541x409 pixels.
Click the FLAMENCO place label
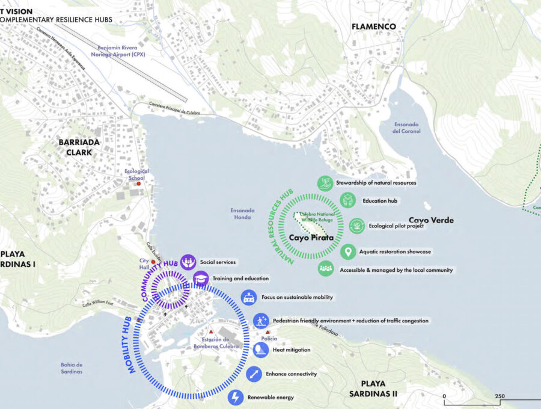coord(373,26)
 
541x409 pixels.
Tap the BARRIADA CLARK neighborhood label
coord(75,147)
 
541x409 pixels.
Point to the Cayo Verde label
coord(431,220)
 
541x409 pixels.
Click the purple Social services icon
coord(188,262)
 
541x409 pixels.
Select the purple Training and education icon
coord(200,278)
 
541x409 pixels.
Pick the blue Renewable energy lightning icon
coord(236,398)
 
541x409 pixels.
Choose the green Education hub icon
coord(347,200)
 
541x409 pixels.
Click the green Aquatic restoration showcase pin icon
coord(347,251)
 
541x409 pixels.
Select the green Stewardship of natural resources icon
coord(325,183)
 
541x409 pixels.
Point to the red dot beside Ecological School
coord(139,184)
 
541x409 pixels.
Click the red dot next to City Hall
coord(153,262)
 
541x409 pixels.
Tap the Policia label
coord(269,339)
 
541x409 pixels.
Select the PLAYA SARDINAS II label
coord(377,389)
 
